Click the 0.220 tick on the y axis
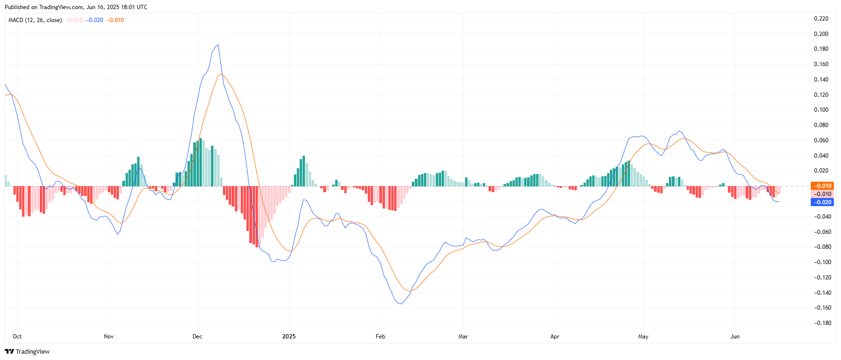(821, 19)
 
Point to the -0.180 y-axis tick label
(821, 323)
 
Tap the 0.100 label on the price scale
(821, 110)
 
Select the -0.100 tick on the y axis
(821, 262)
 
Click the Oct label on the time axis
(17, 337)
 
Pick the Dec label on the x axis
(198, 337)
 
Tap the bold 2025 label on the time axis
(289, 337)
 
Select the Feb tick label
(381, 337)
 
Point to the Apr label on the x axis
(555, 337)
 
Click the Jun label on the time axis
(735, 337)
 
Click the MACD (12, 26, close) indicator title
(35, 20)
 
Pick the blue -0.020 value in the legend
(94, 20)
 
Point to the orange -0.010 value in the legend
(115, 20)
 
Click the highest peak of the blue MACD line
(219, 45)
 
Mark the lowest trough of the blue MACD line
(400, 304)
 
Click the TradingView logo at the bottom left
(27, 351)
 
